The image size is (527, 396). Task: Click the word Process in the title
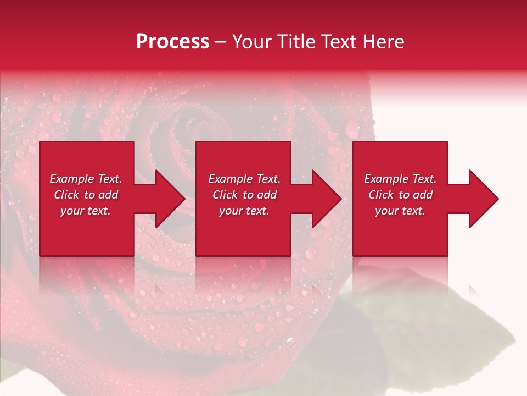(x=172, y=42)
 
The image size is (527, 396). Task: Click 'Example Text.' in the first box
(x=86, y=179)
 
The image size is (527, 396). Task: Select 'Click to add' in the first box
(x=86, y=195)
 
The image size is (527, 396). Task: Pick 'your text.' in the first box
(x=86, y=211)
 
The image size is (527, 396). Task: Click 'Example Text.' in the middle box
(x=244, y=179)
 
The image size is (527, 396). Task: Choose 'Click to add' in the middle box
(x=244, y=195)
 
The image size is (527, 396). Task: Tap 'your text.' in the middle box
(x=244, y=211)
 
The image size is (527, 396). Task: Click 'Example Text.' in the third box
(x=400, y=179)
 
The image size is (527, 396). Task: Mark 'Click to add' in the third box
(x=400, y=195)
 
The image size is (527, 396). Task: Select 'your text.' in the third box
(x=400, y=211)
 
